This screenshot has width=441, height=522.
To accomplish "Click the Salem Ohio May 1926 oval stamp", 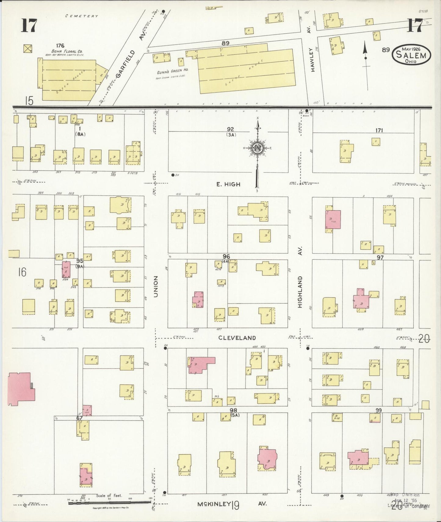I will click(412, 55).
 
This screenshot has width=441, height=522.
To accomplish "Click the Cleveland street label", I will click(237, 338).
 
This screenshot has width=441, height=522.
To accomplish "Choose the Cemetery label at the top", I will click(82, 16).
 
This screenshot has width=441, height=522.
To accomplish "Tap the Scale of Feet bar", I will click(110, 502).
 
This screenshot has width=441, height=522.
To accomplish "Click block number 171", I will click(379, 130).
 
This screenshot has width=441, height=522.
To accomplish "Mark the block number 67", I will click(80, 418).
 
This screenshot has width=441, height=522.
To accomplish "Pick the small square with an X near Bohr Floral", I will click(28, 49).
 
